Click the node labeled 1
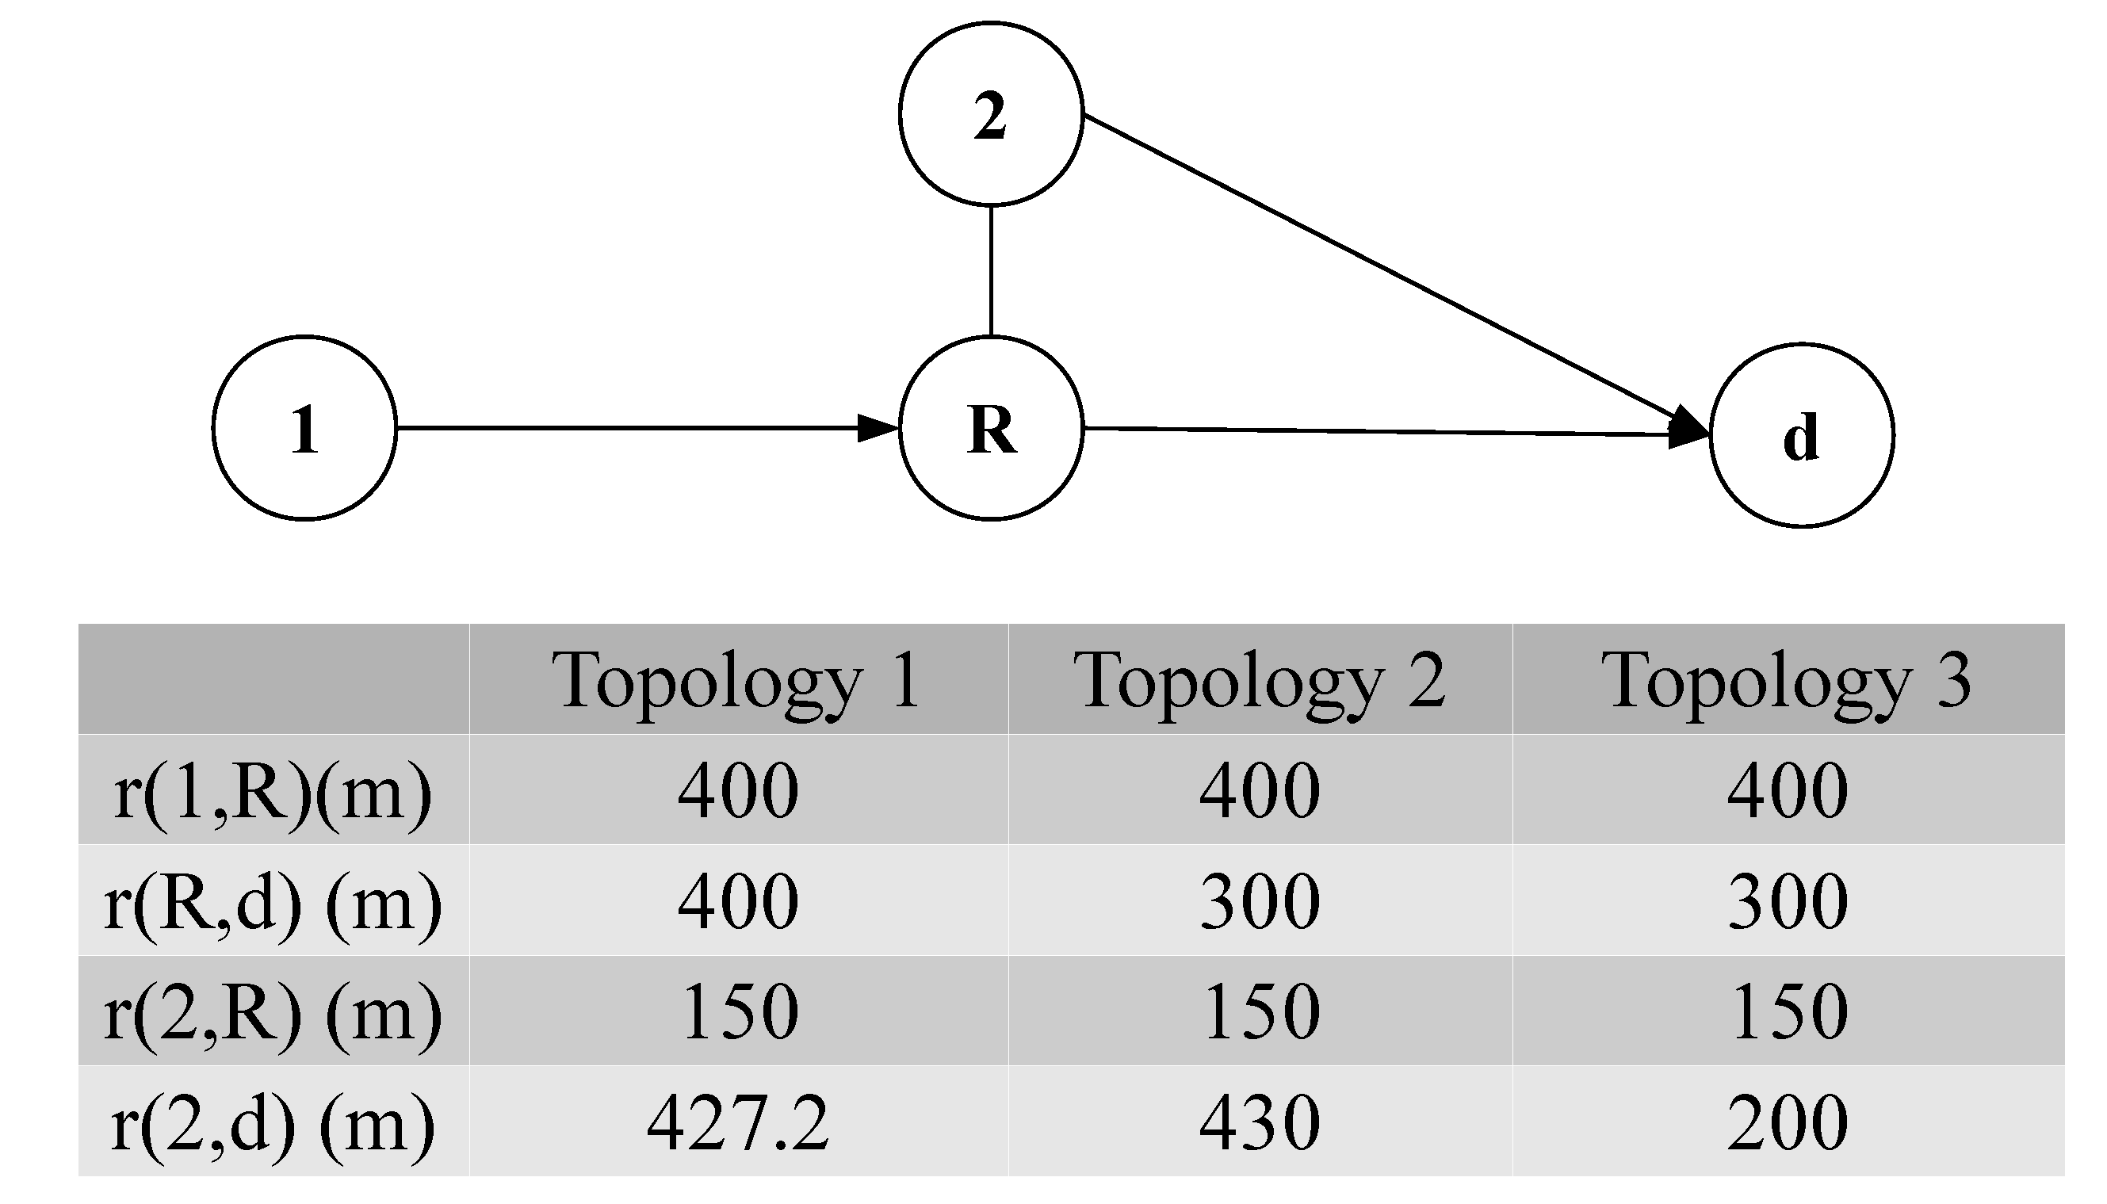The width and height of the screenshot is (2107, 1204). click(304, 428)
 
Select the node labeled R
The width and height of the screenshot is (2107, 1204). click(991, 428)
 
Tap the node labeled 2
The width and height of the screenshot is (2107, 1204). click(991, 113)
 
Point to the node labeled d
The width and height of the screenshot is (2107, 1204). click(1802, 435)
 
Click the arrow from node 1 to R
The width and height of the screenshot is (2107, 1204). click(645, 428)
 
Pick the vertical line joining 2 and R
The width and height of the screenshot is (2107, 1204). click(991, 270)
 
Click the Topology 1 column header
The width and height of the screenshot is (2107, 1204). click(739, 680)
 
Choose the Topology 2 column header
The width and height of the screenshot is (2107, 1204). click(1260, 680)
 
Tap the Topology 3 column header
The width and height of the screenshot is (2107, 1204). click(1787, 680)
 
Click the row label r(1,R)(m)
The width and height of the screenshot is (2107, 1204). click(273, 791)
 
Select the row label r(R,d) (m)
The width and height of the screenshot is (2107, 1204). click(273, 901)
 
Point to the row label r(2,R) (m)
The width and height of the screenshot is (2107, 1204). click(273, 1011)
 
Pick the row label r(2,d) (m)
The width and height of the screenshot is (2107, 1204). click(273, 1122)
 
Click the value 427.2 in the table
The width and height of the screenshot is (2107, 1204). click(738, 1122)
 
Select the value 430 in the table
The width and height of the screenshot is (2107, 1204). click(1260, 1122)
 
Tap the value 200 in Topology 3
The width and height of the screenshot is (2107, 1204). click(1787, 1122)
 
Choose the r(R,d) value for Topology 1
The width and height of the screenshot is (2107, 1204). click(738, 901)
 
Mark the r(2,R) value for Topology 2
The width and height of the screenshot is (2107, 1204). click(1260, 1011)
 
